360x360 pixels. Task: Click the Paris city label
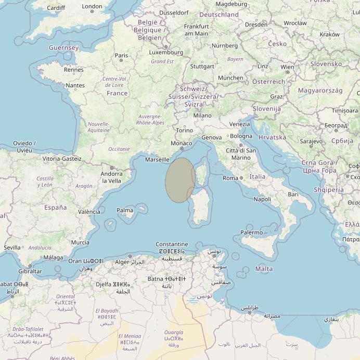(x=121, y=55)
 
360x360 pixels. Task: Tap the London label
(x=93, y=7)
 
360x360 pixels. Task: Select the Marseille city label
(x=157, y=160)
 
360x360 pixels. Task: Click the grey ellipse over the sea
(x=179, y=179)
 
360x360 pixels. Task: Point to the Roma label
(x=230, y=178)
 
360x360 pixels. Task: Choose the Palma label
(x=125, y=211)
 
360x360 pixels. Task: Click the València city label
(x=89, y=212)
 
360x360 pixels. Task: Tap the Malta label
(x=264, y=269)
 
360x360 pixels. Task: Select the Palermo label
(x=251, y=233)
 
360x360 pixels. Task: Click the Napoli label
(x=262, y=199)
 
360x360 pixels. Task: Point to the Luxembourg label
(x=166, y=53)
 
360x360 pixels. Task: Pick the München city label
(x=230, y=78)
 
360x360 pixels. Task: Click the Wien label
(x=287, y=67)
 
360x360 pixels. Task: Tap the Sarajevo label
(x=311, y=141)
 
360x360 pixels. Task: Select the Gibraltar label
(x=30, y=271)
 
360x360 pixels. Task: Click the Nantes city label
(x=75, y=85)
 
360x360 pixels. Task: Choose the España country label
(x=55, y=207)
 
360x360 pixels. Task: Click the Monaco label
(x=182, y=143)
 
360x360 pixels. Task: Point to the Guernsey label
(x=63, y=48)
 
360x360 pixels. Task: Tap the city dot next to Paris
(x=121, y=60)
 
